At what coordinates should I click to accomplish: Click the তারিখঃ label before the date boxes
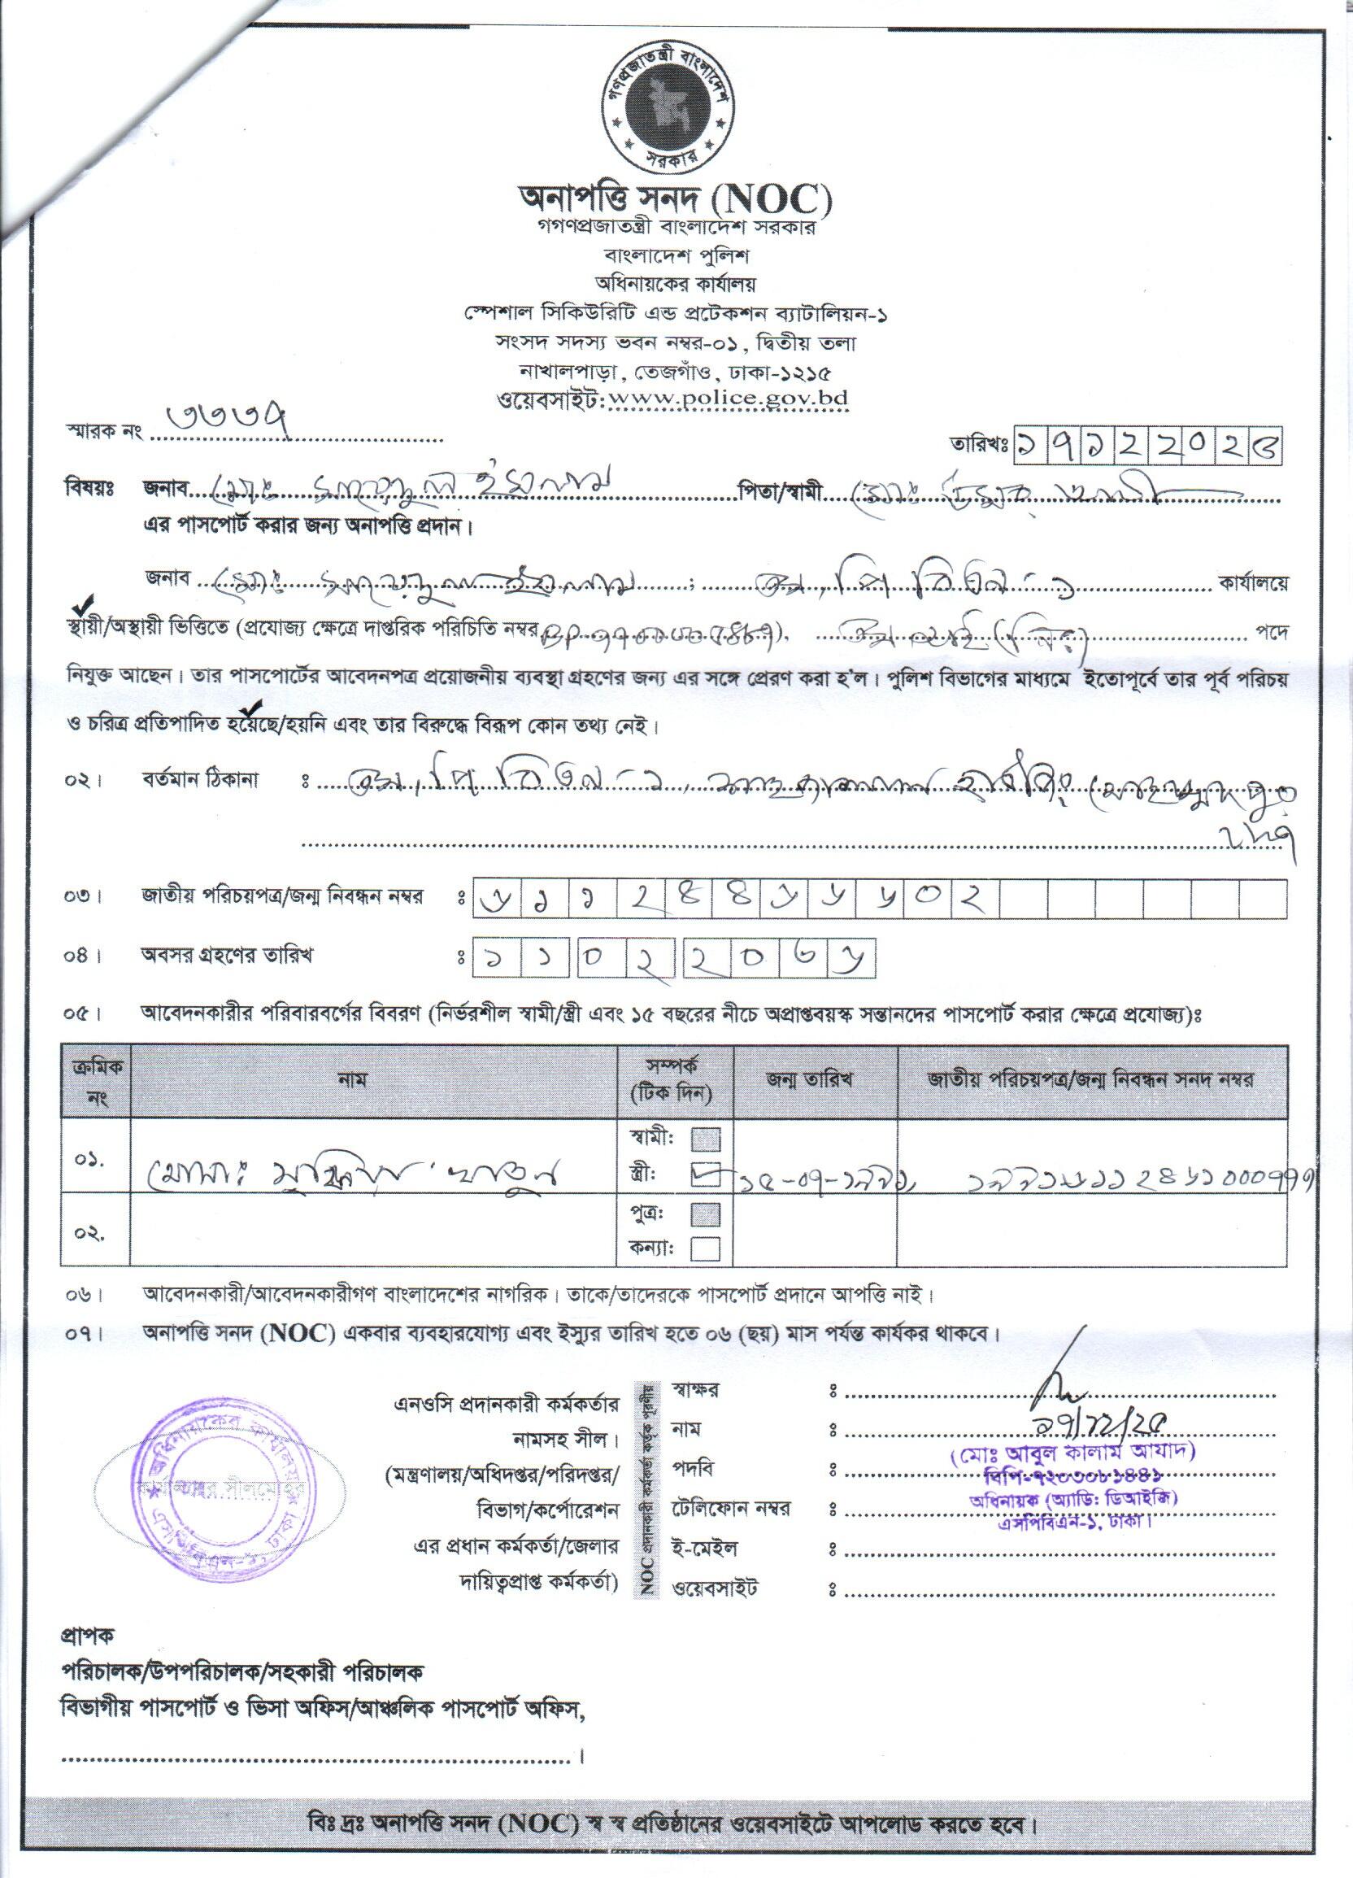pos(979,447)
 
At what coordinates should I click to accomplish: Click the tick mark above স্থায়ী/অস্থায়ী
pos(84,603)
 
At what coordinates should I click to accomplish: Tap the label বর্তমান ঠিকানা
pos(198,781)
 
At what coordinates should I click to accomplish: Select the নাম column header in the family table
pos(373,1081)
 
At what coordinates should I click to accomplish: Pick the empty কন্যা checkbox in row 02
pos(705,1248)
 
